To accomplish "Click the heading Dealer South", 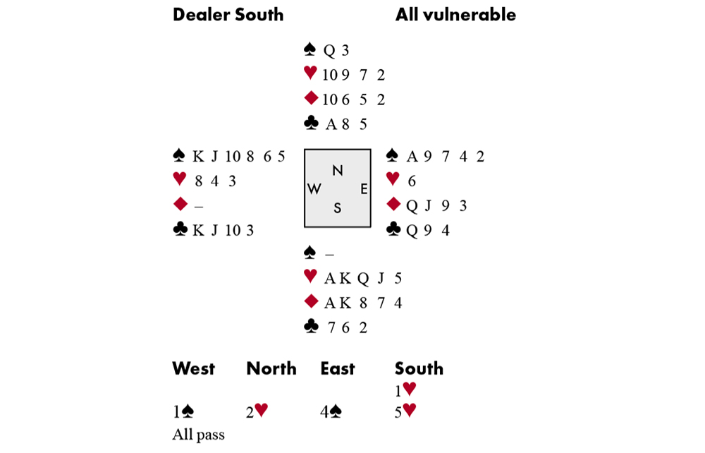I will tap(228, 15).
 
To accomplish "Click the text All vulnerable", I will tap(455, 15).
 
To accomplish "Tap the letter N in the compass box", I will tap(338, 170).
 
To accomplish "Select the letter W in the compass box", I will tap(314, 189).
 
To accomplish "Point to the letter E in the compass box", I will tap(363, 189).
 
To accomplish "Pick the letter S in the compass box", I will tap(338, 208).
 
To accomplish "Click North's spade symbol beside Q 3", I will tap(309, 50).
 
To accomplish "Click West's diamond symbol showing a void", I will tap(180, 205).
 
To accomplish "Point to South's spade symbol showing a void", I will tap(309, 253).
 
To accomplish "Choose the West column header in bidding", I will tap(193, 368).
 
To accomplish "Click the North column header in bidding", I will tap(271, 368).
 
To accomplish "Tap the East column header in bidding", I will tap(337, 368).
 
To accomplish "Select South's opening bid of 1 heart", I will tap(405, 389).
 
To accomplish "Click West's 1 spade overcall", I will tap(183, 412).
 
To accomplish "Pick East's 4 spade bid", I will tap(332, 412).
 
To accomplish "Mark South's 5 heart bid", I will tap(405, 412).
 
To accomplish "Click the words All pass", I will tap(198, 435).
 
